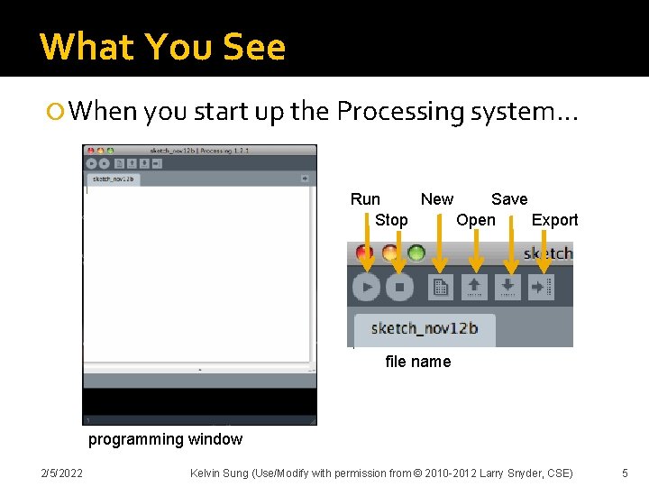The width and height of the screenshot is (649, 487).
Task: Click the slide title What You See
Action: [x=162, y=46]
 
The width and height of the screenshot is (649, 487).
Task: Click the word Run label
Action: [x=365, y=199]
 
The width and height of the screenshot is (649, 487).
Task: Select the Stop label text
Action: [x=391, y=220]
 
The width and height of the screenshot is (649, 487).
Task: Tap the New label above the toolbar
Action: [x=437, y=199]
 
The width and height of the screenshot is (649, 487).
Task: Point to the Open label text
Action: [x=475, y=220]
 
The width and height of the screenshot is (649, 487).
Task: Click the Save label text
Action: [x=509, y=199]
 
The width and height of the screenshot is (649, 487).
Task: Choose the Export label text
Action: [x=554, y=220]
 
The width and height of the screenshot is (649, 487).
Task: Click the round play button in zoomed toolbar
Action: [x=366, y=288]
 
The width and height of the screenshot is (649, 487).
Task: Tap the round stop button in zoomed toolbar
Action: [x=399, y=288]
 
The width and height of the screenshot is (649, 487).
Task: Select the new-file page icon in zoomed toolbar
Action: [x=441, y=288]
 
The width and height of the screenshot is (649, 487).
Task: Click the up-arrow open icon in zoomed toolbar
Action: [x=475, y=288]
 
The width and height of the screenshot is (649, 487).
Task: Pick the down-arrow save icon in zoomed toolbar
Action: [x=509, y=288]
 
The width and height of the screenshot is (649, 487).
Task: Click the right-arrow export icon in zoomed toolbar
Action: [x=542, y=288]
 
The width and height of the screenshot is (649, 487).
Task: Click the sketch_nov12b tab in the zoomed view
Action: [x=425, y=328]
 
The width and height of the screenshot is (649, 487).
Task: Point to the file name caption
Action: [x=417, y=362]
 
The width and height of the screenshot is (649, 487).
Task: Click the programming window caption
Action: [x=165, y=439]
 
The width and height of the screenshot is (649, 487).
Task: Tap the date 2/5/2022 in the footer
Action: [x=61, y=473]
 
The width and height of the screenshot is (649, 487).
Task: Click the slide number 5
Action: [x=625, y=473]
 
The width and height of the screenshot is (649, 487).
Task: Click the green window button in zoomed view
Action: [x=416, y=253]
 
